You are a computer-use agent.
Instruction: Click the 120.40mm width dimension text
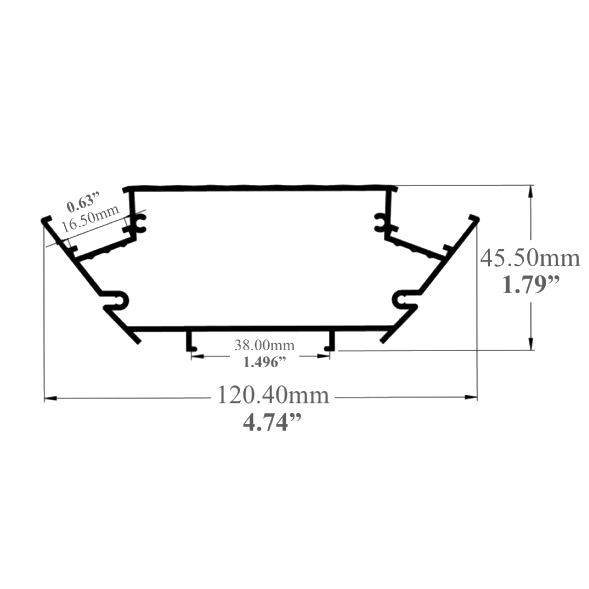[x=274, y=396]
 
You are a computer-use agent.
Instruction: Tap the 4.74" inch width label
[x=272, y=423]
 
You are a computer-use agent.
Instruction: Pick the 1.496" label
[x=264, y=362]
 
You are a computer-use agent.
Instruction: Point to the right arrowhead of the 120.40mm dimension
[x=471, y=397]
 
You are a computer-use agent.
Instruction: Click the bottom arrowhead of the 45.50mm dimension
[x=531, y=343]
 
